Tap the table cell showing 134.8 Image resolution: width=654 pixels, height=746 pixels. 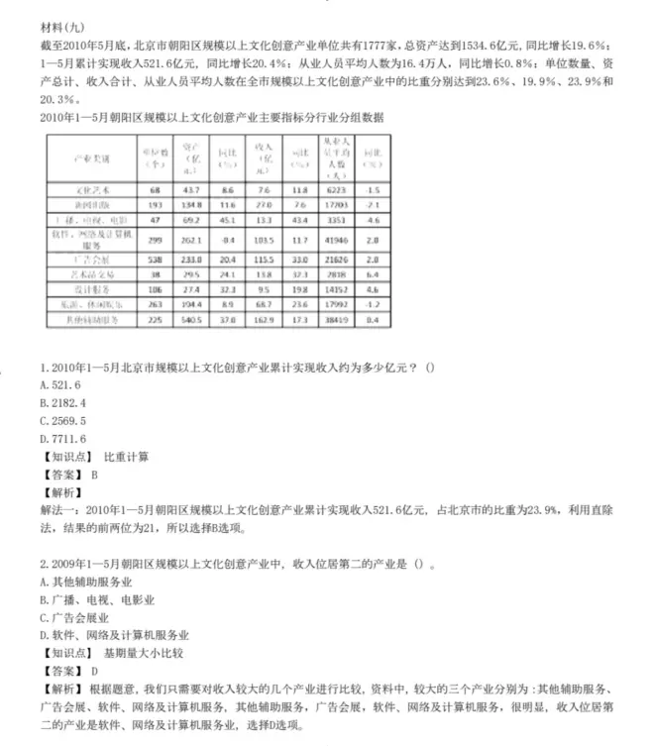[191, 203]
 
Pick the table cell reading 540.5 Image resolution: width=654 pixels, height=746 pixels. [191, 320]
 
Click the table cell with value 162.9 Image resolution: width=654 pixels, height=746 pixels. [264, 320]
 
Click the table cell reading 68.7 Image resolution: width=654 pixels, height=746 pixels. [264, 305]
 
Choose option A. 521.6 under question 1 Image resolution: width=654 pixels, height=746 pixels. [60, 384]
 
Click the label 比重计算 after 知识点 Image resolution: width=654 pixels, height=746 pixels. [126, 457]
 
